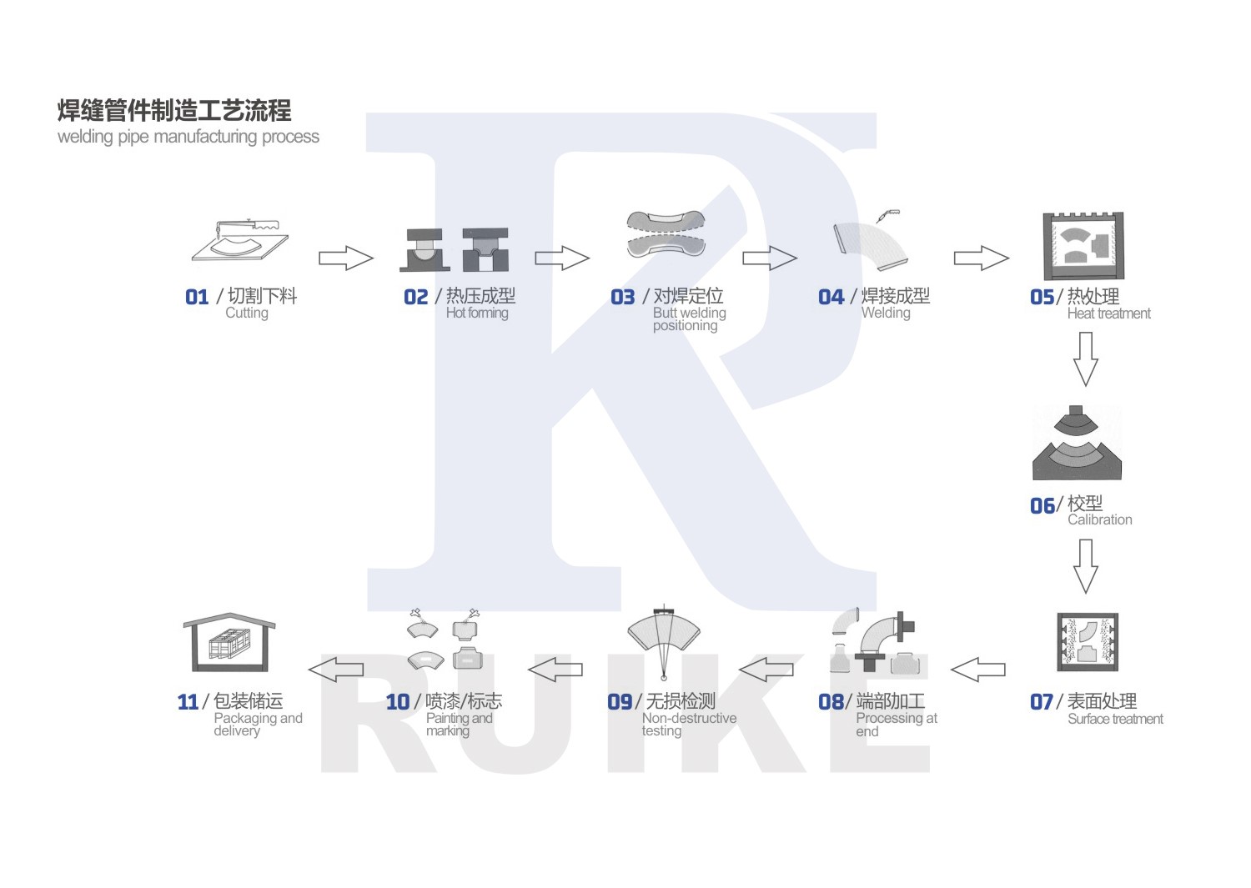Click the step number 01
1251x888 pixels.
click(x=197, y=298)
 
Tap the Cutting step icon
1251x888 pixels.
click(x=241, y=241)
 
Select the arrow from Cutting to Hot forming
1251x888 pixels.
click(x=346, y=258)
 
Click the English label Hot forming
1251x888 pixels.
click(x=476, y=313)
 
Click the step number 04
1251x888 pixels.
click(x=831, y=298)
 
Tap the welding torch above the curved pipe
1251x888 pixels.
click(x=887, y=216)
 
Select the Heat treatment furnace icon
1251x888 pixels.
click(x=1083, y=246)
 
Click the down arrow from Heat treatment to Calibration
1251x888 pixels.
click(x=1085, y=359)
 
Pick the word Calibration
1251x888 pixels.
click(x=1099, y=519)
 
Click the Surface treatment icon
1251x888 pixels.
click(x=1087, y=642)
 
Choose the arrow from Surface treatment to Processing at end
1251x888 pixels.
click(x=978, y=669)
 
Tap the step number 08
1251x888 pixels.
click(x=831, y=702)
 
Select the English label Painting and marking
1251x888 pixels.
click(x=459, y=724)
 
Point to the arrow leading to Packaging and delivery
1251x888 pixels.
click(x=336, y=669)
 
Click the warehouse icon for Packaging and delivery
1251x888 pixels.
click(x=229, y=643)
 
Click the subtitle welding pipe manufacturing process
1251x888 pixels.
click(x=188, y=137)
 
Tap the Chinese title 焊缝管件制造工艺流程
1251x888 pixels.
click(x=174, y=110)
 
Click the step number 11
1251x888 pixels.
click(x=188, y=702)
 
